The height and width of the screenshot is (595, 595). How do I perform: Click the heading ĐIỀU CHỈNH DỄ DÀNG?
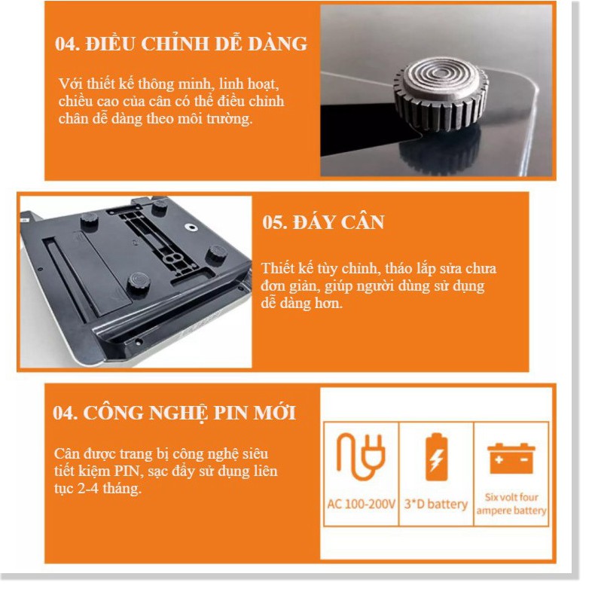[x=196, y=44]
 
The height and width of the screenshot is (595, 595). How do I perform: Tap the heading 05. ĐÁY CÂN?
[x=323, y=222]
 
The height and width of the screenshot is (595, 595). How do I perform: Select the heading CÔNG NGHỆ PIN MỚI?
[x=189, y=413]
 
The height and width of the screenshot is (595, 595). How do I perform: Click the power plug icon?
[x=361, y=456]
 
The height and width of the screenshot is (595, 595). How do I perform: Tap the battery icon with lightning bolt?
[x=436, y=457]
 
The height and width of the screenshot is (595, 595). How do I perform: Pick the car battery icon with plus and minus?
[x=511, y=459]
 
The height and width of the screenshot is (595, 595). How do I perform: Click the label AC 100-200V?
[x=361, y=504]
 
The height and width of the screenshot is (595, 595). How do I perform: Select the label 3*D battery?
[x=436, y=504]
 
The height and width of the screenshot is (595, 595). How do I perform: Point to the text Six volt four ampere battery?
[x=511, y=504]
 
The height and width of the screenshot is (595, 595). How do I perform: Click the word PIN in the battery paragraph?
[x=127, y=471]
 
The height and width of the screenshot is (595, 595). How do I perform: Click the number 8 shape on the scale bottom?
[x=173, y=259]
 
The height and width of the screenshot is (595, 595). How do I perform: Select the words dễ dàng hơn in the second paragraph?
[x=302, y=304]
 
